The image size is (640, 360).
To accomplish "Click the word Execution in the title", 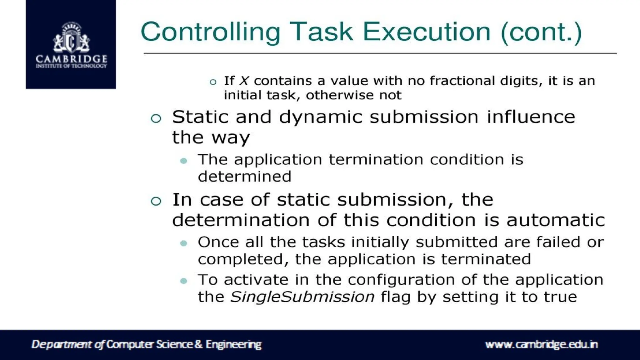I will pyautogui.click(x=427, y=32).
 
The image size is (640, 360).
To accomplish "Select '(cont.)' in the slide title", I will pyautogui.click(x=541, y=32).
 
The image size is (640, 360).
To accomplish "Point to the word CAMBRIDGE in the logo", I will pyautogui.click(x=71, y=59).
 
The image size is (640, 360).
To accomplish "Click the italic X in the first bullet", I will pyautogui.click(x=244, y=81).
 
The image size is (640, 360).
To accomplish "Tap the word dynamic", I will pyautogui.click(x=320, y=117).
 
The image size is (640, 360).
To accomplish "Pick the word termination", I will pyautogui.click(x=376, y=160).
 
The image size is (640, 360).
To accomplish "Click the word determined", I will pyautogui.click(x=245, y=177).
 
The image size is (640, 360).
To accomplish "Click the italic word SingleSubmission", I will pyautogui.click(x=302, y=297).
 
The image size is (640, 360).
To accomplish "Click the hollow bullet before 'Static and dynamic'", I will pyautogui.click(x=156, y=118).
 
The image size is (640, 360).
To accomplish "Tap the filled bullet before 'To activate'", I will pyautogui.click(x=184, y=281).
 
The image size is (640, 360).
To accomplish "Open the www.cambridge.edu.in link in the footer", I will pyautogui.click(x=541, y=344).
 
